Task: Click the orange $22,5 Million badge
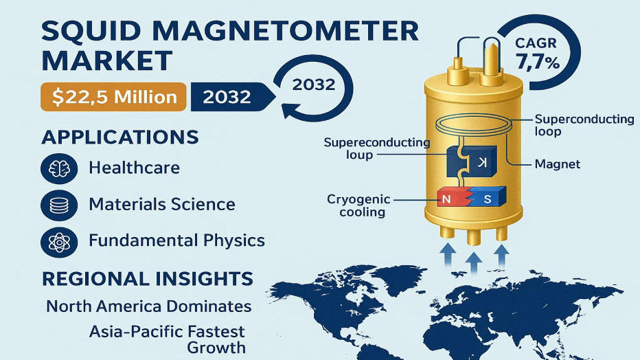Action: click(113, 96)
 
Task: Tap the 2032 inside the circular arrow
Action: click(313, 85)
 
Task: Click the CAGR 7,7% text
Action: click(538, 53)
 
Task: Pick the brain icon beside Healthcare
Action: click(59, 168)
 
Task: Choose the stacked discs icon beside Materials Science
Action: click(59, 205)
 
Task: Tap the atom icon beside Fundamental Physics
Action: click(59, 241)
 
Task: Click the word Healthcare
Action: click(134, 168)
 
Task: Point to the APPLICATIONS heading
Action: click(120, 136)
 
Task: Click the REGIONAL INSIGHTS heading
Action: click(147, 279)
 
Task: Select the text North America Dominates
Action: click(148, 306)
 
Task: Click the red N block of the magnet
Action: click(450, 199)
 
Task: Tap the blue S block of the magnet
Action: click(487, 199)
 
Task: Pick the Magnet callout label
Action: click(557, 164)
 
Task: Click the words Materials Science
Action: click(162, 205)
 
